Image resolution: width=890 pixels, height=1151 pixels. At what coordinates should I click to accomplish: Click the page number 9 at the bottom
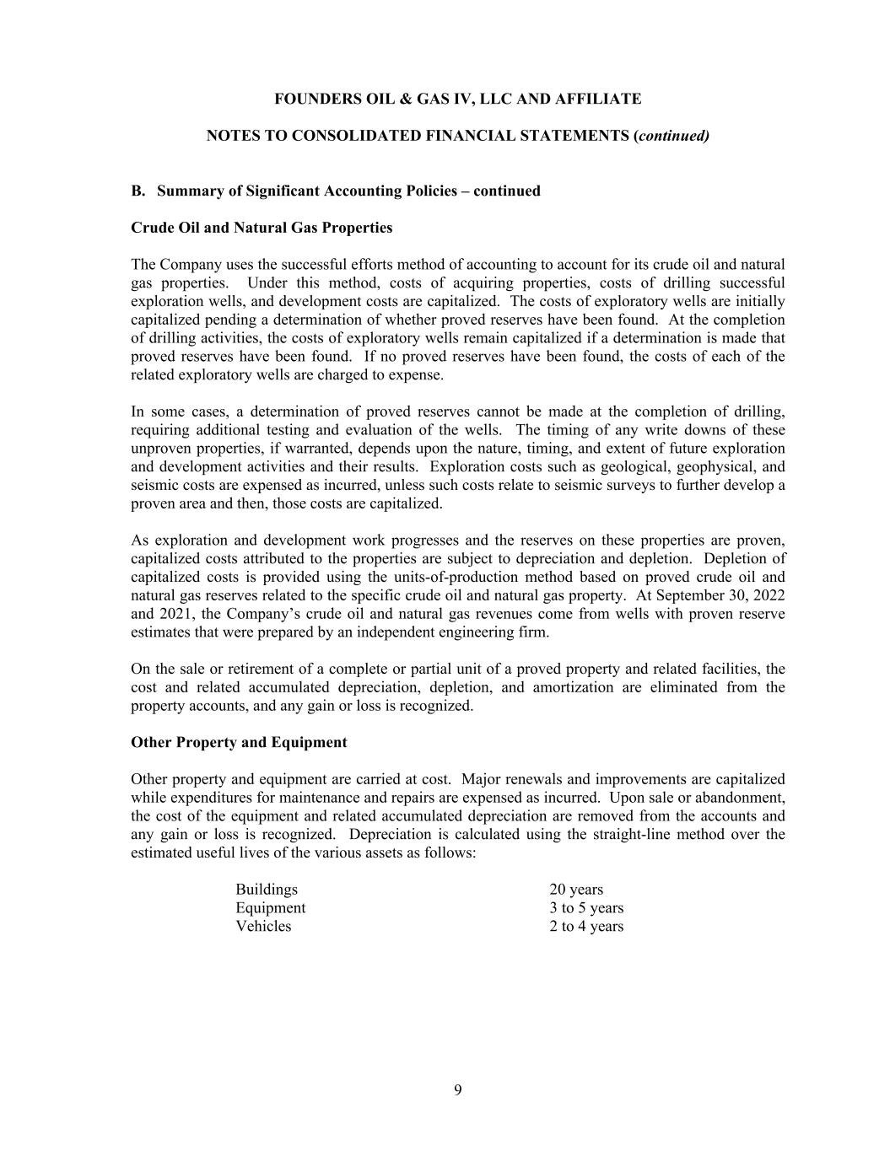(x=458, y=1090)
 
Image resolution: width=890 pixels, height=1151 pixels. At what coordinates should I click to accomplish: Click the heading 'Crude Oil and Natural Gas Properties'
(x=262, y=228)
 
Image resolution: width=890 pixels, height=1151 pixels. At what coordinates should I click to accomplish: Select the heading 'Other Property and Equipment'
(x=239, y=743)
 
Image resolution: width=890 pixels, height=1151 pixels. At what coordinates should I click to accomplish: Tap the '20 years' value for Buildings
(x=576, y=890)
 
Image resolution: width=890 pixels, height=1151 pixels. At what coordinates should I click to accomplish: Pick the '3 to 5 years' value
(x=586, y=908)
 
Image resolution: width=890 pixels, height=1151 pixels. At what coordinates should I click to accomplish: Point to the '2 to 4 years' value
(x=586, y=927)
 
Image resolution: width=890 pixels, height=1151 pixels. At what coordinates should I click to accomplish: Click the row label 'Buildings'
(x=267, y=890)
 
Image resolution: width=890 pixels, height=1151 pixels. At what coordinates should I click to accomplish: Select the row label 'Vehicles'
(x=263, y=927)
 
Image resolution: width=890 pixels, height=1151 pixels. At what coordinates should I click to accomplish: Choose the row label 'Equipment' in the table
(x=271, y=908)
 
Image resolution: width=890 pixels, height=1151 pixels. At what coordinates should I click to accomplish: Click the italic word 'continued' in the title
(x=673, y=136)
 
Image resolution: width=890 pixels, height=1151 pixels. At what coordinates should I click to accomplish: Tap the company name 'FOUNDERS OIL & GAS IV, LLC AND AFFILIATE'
(x=458, y=100)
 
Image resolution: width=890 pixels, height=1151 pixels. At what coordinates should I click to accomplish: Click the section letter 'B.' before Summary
(x=139, y=191)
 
